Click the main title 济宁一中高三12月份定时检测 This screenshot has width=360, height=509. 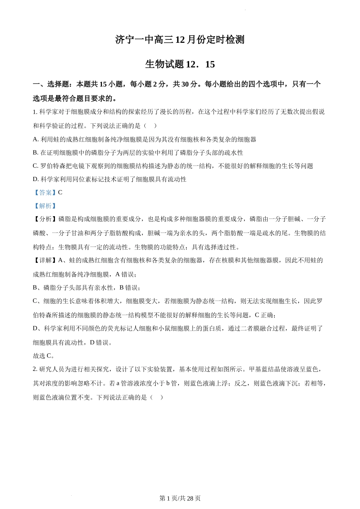180,40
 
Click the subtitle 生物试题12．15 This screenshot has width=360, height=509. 180,64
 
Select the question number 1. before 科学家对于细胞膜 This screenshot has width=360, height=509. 35,112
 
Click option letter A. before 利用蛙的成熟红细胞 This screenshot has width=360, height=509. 36,139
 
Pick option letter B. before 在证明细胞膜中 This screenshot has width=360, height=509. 36,153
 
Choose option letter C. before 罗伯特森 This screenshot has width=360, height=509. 36,166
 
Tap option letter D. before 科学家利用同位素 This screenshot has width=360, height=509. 36,179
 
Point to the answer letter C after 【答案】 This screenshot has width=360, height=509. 60,192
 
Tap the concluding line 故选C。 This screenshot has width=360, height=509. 44,356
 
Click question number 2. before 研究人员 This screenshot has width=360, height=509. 35,369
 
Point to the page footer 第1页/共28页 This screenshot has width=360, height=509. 180,498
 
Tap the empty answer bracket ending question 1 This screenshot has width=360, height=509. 149,126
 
